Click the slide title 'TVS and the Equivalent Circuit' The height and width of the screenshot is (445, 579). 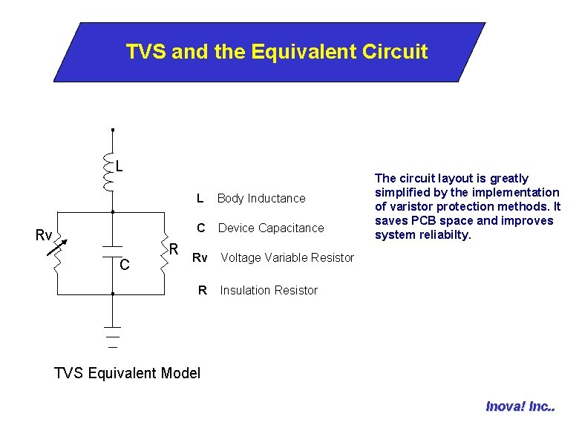(276, 52)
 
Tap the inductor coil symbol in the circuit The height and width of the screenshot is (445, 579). (109, 172)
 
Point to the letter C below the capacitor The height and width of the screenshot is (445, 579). (125, 265)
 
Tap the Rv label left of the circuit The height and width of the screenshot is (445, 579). (44, 236)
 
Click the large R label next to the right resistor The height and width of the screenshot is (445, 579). (171, 247)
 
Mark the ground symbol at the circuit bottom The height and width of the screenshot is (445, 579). (112, 334)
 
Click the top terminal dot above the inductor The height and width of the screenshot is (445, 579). (112, 130)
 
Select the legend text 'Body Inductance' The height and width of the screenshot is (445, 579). (261, 198)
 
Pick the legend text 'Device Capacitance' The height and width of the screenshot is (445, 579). (271, 228)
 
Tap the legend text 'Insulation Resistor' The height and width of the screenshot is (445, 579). (269, 290)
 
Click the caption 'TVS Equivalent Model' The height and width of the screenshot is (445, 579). (128, 372)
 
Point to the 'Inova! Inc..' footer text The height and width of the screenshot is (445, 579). (520, 406)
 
